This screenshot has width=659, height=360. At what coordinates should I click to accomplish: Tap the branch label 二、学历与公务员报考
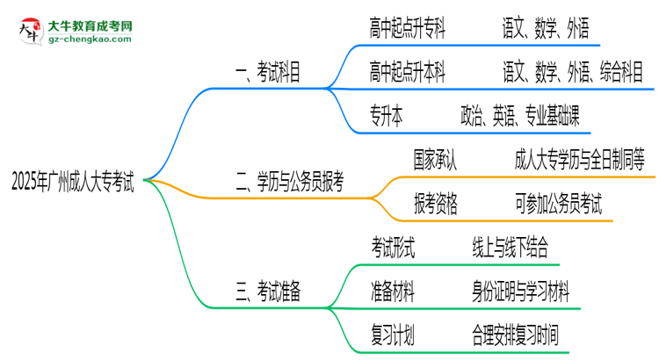(x=289, y=183)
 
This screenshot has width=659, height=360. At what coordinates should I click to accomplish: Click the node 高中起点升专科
(x=408, y=31)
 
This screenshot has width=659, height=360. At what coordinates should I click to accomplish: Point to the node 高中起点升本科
(x=408, y=74)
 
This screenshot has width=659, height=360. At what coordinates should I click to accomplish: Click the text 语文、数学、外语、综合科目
(x=574, y=74)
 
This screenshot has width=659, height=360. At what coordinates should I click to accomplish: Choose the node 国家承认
(x=436, y=159)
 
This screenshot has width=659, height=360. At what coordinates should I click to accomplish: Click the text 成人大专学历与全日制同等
(x=581, y=159)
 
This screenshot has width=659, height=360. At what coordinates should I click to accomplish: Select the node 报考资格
(x=436, y=204)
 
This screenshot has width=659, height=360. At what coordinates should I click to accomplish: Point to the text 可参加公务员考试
(x=559, y=204)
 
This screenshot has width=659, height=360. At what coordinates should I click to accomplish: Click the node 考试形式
(x=393, y=248)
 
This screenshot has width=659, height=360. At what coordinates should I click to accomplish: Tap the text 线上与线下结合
(x=514, y=248)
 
